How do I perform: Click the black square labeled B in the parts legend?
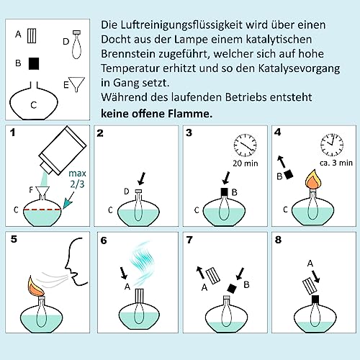(34, 63)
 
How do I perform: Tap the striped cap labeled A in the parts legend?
(32, 36)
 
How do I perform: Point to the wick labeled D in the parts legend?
(76, 45)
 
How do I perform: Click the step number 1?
(13, 132)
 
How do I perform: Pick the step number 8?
(278, 240)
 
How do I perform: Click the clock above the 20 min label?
(245, 145)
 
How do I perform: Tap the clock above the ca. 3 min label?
(332, 145)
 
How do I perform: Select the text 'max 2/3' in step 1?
(77, 179)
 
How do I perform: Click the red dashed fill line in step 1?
(42, 210)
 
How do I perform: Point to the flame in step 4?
(313, 179)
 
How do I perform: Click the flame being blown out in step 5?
(36, 286)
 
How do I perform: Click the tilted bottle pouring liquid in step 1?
(63, 150)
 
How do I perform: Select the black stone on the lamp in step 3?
(224, 192)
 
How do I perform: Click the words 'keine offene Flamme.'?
(156, 114)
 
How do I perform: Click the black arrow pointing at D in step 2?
(142, 179)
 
